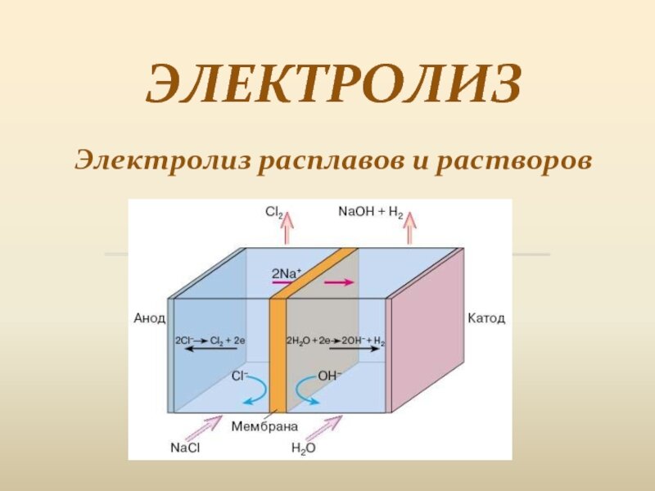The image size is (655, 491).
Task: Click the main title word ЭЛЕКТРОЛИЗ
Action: pyautogui.click(x=334, y=83)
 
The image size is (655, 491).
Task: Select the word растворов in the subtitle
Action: pyautogui.click(x=514, y=161)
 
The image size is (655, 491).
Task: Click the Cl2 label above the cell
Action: pyautogui.click(x=274, y=213)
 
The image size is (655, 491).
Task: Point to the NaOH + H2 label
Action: pyautogui.click(x=371, y=213)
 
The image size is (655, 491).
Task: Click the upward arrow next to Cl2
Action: pyautogui.click(x=287, y=228)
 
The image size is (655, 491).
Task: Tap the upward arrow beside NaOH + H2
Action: pyautogui.click(x=410, y=228)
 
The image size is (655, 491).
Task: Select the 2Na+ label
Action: pyautogui.click(x=287, y=273)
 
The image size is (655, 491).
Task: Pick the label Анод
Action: pyautogui.click(x=150, y=318)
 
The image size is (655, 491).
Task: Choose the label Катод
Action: pyautogui.click(x=486, y=318)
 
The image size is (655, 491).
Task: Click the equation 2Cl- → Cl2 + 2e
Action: pyautogui.click(x=210, y=340)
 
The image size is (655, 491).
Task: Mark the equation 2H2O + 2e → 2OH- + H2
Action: pyautogui.click(x=336, y=340)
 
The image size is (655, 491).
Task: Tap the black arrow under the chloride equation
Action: pyautogui.click(x=210, y=349)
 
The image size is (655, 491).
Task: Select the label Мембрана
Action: pyautogui.click(x=264, y=426)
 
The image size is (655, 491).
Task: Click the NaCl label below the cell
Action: pyautogui.click(x=185, y=448)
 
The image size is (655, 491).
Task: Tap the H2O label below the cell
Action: pyautogui.click(x=304, y=448)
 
